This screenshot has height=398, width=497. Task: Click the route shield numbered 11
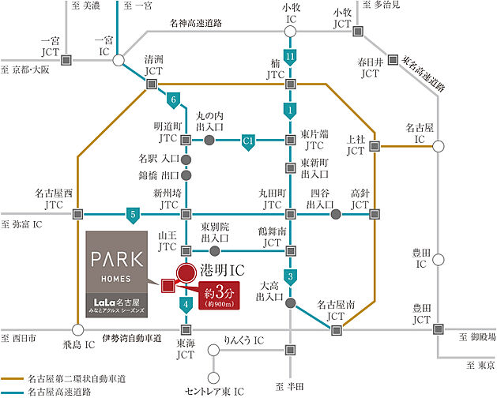(x=291, y=57)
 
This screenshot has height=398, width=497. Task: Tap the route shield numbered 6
(x=172, y=99)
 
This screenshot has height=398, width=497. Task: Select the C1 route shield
(x=248, y=141)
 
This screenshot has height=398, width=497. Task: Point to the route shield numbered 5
(x=134, y=214)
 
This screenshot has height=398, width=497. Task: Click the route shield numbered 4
(x=186, y=303)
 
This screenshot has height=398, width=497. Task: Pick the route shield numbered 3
(x=292, y=276)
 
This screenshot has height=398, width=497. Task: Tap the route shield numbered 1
(x=291, y=109)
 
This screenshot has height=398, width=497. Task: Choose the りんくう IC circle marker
(x=211, y=350)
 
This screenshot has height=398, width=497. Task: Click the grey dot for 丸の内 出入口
(x=209, y=140)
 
